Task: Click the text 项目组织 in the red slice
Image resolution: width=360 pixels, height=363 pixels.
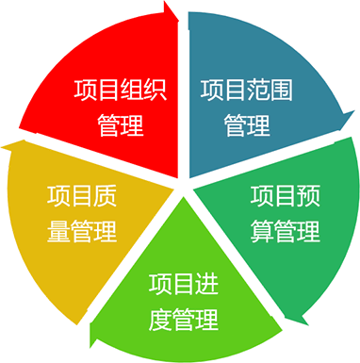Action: pyautogui.click(x=120, y=91)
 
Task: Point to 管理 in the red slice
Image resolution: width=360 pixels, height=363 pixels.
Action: pyautogui.click(x=120, y=125)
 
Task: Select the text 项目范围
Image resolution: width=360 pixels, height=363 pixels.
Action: pyautogui.click(x=247, y=91)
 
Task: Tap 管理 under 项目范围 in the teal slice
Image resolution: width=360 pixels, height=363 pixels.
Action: pyautogui.click(x=247, y=125)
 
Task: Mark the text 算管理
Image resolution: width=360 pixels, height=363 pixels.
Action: pyautogui.click(x=286, y=231)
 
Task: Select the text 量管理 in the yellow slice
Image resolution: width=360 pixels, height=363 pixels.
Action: pyautogui.click(x=81, y=231)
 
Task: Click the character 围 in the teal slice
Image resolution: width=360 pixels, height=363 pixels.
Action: pyautogui.click(x=282, y=91)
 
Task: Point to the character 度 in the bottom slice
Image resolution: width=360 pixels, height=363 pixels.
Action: pyautogui.click(x=160, y=318)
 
